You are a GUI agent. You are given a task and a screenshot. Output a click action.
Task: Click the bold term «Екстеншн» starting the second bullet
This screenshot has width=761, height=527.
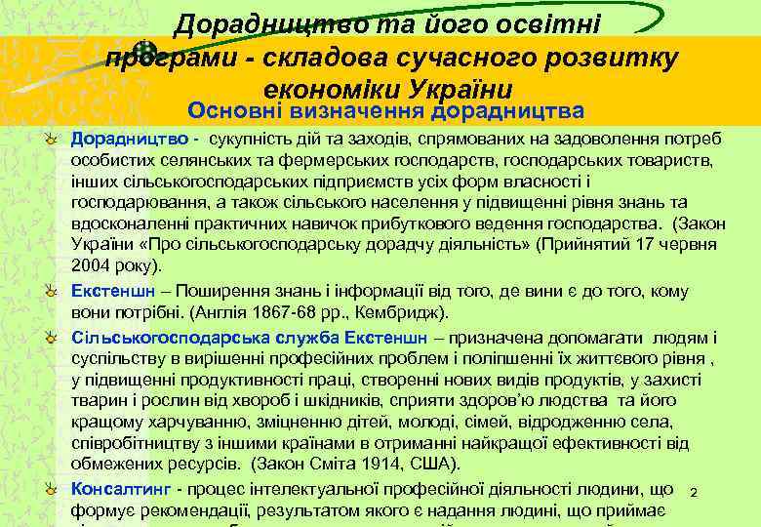click(x=110, y=292)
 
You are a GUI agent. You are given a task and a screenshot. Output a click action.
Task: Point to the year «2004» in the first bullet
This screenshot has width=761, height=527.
click(x=89, y=264)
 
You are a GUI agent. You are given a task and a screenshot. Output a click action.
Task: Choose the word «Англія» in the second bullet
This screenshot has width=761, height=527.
click(x=206, y=313)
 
